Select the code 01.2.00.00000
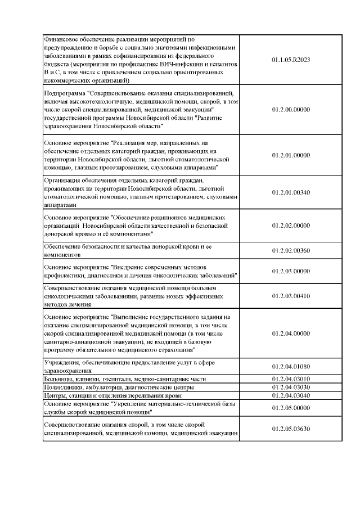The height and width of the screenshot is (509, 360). (x=291, y=109)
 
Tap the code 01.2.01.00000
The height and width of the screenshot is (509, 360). (x=291, y=155)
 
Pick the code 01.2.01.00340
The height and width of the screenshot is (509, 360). (x=291, y=192)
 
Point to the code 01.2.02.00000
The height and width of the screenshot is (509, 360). (x=291, y=226)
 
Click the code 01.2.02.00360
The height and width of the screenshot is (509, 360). (x=291, y=250)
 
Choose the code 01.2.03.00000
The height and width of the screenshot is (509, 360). (x=291, y=271)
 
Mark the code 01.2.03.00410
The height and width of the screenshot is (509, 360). (x=291, y=296)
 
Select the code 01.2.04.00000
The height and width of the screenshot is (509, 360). (x=291, y=334)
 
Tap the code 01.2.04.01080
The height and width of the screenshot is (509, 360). (x=291, y=367)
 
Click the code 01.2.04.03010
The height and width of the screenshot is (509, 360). (x=291, y=379)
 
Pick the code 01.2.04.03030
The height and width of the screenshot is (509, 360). (x=291, y=387)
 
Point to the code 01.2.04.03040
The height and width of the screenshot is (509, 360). (x=291, y=395)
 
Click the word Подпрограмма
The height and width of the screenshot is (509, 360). (x=64, y=92)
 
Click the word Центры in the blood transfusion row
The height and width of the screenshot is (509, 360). (x=56, y=395)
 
